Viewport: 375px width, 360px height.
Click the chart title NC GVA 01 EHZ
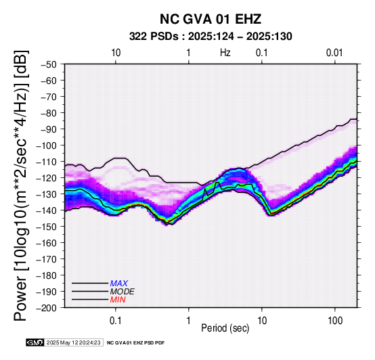click(211, 19)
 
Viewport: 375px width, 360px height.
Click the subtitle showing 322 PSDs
click(211, 37)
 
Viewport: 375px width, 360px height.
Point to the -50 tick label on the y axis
click(49, 64)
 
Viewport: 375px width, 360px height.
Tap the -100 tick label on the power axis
click(47, 145)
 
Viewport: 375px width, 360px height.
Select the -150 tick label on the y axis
click(47, 227)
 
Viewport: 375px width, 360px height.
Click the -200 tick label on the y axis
click(47, 308)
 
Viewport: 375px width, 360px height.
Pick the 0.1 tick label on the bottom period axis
click(116, 321)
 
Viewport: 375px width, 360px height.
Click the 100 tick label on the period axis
click(335, 321)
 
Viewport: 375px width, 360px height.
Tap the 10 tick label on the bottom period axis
click(262, 321)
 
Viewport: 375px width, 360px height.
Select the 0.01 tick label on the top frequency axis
click(334, 53)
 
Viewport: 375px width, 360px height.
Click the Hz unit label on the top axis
click(225, 53)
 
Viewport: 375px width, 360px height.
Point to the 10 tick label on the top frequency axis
click(116, 53)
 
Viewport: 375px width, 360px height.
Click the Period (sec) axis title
click(225, 328)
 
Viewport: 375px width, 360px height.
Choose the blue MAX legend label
click(119, 284)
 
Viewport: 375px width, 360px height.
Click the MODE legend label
click(123, 292)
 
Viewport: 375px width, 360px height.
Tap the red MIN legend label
click(118, 300)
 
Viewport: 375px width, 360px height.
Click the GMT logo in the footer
click(35, 342)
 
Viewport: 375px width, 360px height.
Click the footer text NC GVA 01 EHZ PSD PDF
click(135, 343)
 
